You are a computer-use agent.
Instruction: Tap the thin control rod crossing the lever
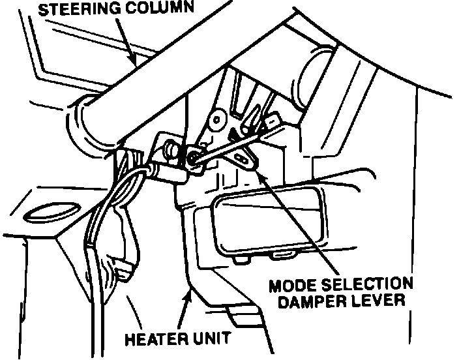(x=228, y=144)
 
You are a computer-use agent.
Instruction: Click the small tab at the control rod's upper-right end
(x=273, y=121)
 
